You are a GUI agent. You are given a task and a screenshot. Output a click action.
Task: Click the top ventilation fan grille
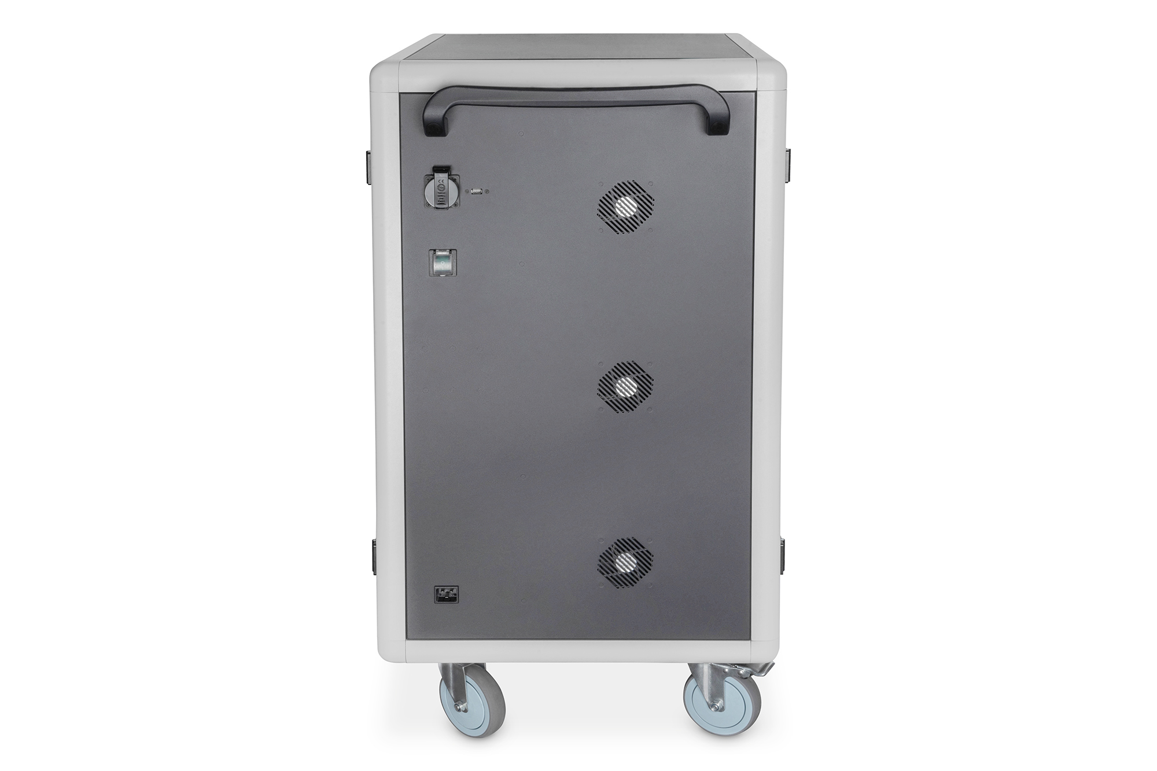625,206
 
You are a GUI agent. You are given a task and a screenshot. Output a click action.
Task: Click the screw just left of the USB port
467,190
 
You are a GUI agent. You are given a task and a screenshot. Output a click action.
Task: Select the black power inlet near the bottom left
444,593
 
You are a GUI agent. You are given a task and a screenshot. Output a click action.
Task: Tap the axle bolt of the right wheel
716,707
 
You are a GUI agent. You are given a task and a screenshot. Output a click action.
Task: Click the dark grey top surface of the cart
578,49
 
